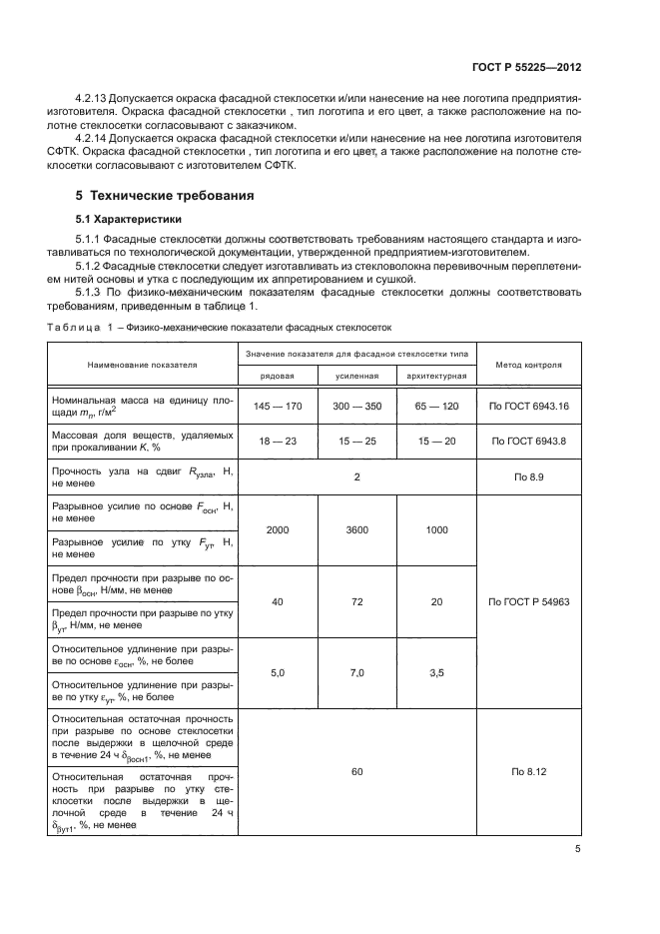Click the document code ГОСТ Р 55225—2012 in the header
pos(525,68)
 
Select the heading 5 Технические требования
pos(165,195)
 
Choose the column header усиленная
pos(356,375)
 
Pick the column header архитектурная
pos(436,375)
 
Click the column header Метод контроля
pos(528,365)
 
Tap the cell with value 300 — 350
pos(356,407)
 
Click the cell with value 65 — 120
pos(436,407)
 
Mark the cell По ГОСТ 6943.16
pos(528,407)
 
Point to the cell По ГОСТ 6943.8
pos(528,441)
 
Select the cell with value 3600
pos(356,529)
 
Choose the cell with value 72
pos(356,602)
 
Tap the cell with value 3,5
pos(436,674)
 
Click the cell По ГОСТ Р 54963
pos(528,602)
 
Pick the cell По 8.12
pos(528,772)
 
